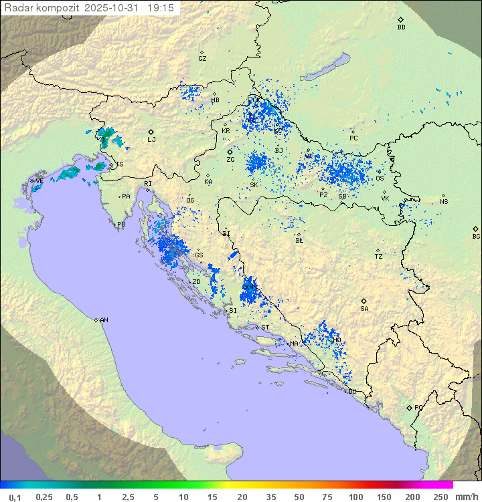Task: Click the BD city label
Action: tap(401, 27)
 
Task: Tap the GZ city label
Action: tap(202, 59)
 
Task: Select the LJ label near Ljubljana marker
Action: tap(152, 140)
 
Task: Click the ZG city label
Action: tap(230, 160)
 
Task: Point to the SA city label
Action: tap(364, 309)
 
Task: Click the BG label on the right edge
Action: tap(476, 236)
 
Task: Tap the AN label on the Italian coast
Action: tap(104, 320)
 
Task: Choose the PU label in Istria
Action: tap(121, 225)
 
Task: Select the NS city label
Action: tap(444, 202)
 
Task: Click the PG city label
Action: tap(418, 407)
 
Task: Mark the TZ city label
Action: tap(379, 256)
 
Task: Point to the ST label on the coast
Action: tap(265, 328)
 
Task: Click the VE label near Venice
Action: tap(39, 181)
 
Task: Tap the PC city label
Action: tap(353, 138)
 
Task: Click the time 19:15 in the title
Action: tap(161, 7)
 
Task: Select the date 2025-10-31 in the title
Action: tap(113, 7)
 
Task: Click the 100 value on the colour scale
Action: tap(355, 497)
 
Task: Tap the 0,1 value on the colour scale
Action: tap(15, 497)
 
